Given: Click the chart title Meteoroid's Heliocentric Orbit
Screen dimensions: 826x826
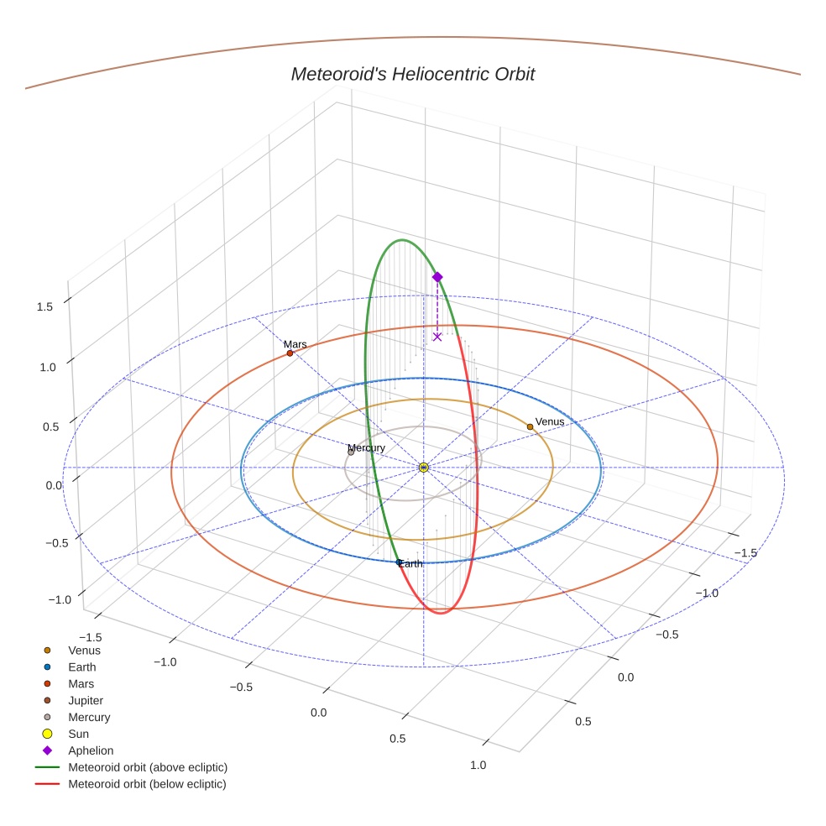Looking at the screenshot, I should [412, 75].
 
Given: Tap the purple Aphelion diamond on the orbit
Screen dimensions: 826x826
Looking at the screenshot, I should [437, 277].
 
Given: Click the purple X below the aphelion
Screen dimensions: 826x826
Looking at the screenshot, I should [437, 337].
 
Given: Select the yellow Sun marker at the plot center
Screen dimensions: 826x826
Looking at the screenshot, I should [423, 467].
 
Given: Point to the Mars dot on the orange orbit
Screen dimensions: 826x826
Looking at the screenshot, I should [290, 353].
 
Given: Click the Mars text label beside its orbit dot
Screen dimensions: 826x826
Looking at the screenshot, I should [295, 344].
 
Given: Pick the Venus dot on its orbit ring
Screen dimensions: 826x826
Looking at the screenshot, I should [530, 426].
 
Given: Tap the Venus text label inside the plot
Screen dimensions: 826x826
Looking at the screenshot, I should [550, 421].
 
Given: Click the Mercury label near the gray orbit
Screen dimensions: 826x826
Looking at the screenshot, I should [367, 447].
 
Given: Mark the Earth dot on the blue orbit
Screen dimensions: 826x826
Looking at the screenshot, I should [399, 562].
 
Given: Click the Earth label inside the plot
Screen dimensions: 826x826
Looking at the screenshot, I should [410, 564].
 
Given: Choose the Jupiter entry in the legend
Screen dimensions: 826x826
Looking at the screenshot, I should [86, 700].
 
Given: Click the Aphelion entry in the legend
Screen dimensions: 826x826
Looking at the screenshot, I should [91, 750].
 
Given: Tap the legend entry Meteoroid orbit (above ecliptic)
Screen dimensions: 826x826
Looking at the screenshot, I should [148, 767].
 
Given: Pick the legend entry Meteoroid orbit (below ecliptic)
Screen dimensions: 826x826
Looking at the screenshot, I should [147, 784].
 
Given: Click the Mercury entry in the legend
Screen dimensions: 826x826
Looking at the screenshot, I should [89, 717].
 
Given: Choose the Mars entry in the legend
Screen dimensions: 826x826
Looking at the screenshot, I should [81, 683].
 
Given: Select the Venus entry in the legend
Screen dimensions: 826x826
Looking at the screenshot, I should [84, 650].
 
